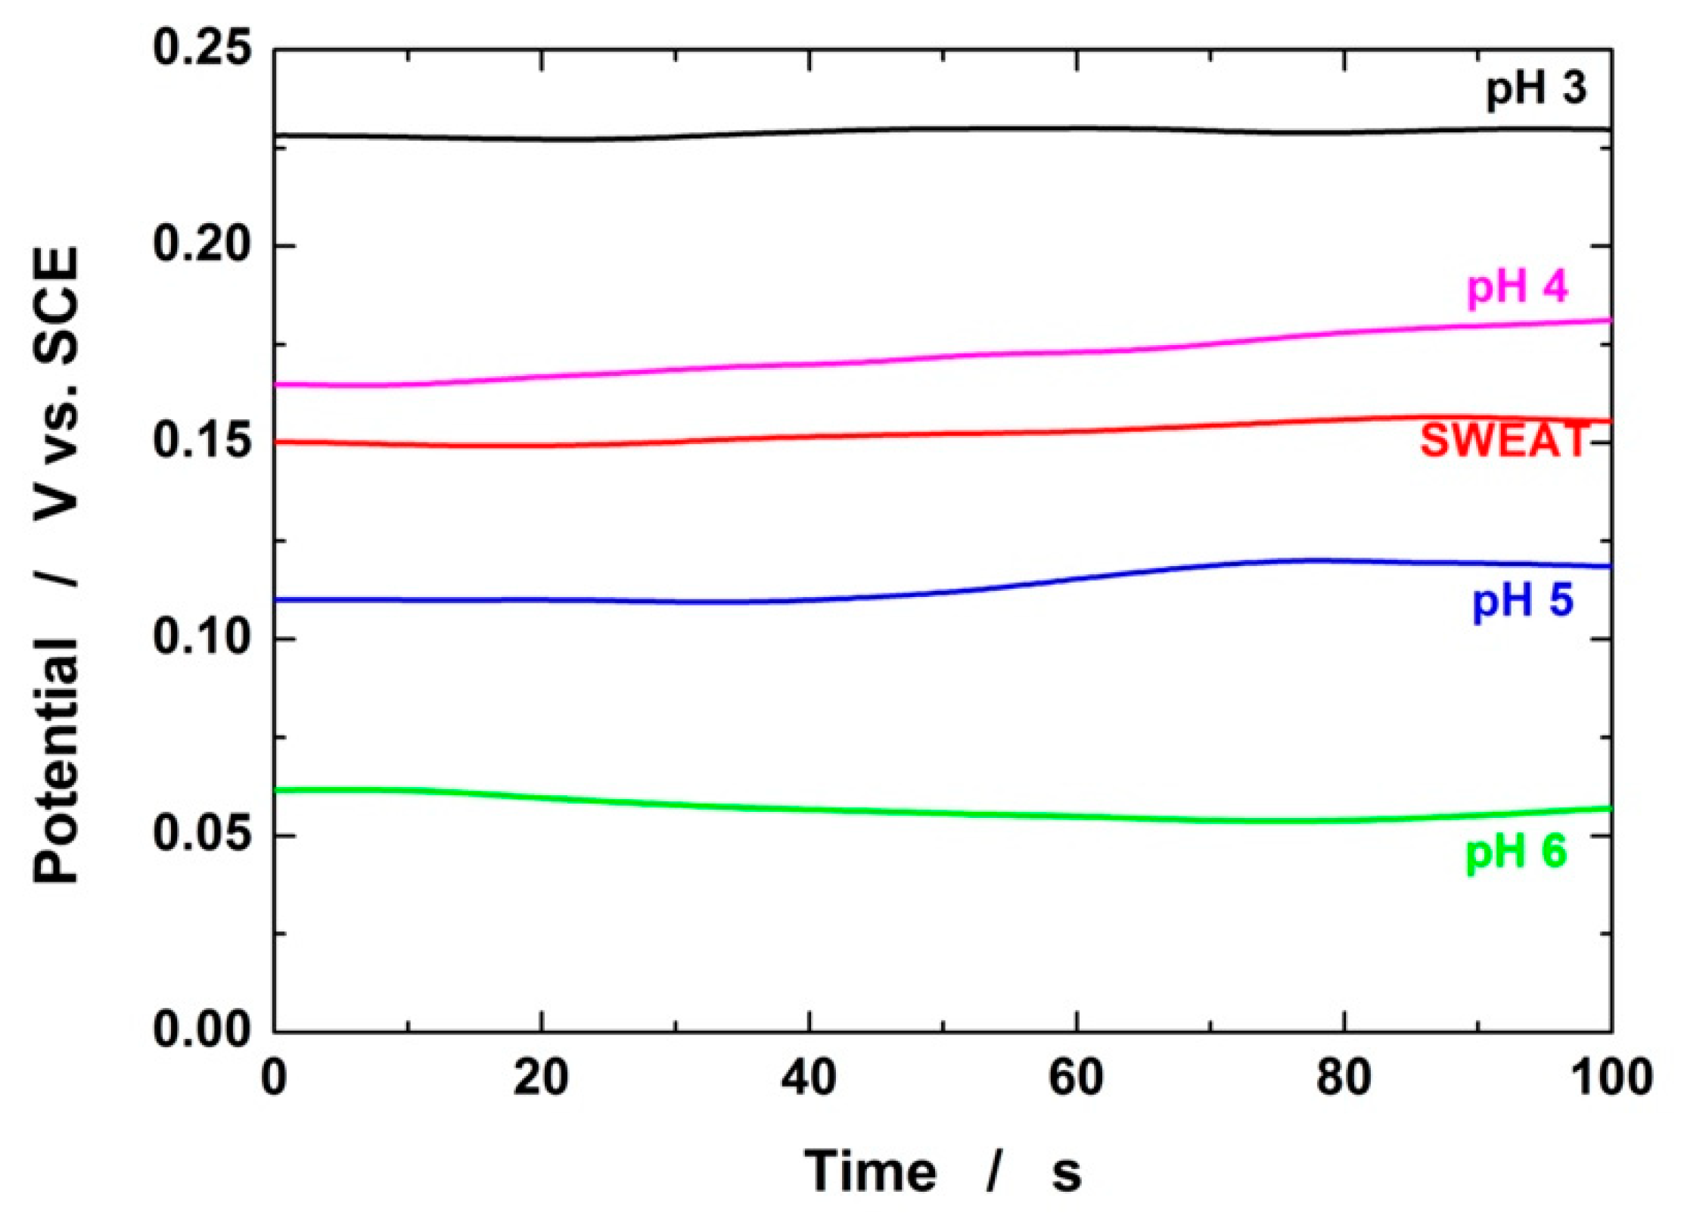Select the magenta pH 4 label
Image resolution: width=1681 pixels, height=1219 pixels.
click(x=1518, y=288)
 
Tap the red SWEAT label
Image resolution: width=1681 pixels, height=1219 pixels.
click(x=1504, y=440)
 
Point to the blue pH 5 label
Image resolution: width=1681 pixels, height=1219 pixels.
click(x=1522, y=602)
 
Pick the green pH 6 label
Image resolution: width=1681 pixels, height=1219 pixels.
click(x=1516, y=854)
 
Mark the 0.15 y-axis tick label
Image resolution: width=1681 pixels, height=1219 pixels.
click(x=200, y=442)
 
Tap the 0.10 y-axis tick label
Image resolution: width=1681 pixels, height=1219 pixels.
click(x=200, y=639)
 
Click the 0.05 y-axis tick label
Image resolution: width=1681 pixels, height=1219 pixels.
click(x=200, y=835)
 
